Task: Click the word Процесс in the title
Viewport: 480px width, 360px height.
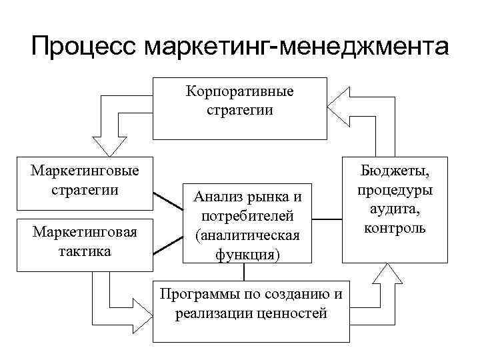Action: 81,47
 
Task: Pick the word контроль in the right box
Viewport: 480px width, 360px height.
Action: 396,229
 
